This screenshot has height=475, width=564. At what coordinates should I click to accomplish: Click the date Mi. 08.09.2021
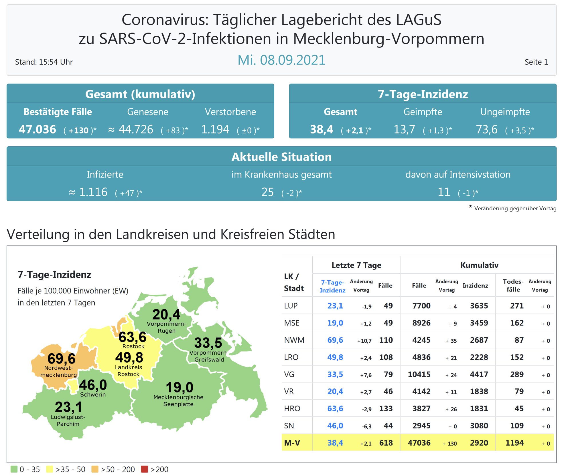pos(281,60)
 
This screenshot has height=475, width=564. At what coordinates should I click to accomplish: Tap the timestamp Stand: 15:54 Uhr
pos(44,62)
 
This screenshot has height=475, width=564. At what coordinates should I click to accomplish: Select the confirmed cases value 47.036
pos(38,129)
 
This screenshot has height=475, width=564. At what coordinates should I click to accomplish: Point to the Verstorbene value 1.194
pos(215,129)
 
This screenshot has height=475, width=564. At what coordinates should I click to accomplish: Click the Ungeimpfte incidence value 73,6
pos(487,129)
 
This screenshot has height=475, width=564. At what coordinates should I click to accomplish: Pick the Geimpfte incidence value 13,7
pos(404,129)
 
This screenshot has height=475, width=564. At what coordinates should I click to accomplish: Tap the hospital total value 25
pos(267,192)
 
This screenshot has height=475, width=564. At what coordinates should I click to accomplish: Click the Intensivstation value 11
pos(444,192)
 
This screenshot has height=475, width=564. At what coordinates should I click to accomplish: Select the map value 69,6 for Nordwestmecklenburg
pos(62,358)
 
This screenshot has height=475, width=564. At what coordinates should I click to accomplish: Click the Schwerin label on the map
pos(93,395)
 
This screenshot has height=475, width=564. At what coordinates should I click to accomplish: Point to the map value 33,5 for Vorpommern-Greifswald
pos(208,343)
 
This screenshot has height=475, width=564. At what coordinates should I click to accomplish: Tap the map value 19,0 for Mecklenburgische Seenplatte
pos(180,388)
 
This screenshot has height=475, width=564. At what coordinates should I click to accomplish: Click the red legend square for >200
pos(145,469)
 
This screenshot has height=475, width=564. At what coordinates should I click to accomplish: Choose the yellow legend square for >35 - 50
pos(50,469)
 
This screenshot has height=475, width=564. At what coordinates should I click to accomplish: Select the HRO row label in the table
pos(292,409)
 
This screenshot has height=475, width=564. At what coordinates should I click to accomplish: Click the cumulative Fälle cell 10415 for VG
pos(419,374)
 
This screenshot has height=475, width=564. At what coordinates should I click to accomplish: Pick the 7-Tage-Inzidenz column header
pos(332,286)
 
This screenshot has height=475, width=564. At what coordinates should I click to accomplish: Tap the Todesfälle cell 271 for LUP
pos(517,306)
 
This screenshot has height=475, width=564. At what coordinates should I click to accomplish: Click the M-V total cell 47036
pos(419,443)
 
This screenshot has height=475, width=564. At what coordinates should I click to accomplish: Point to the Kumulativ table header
pos(479,265)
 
